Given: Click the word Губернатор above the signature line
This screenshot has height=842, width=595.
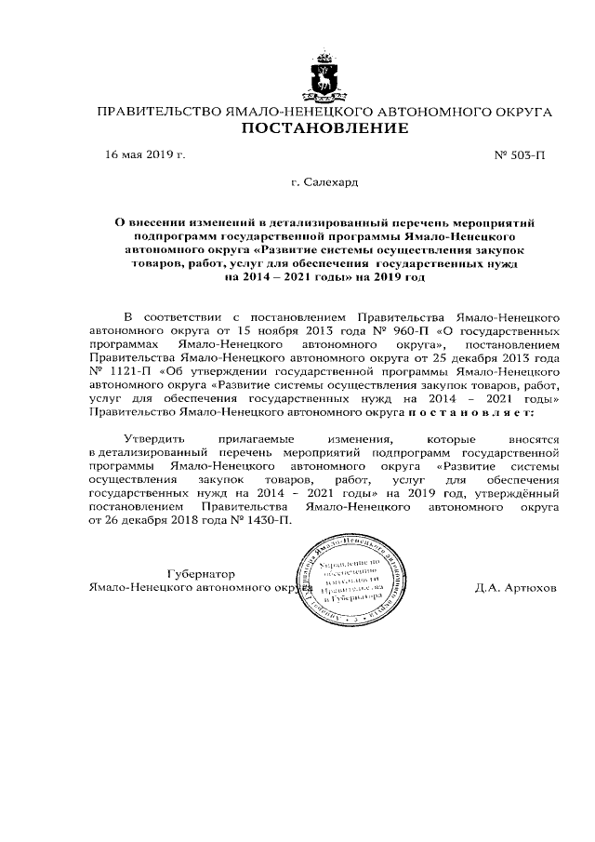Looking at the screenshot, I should click(x=202, y=573).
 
